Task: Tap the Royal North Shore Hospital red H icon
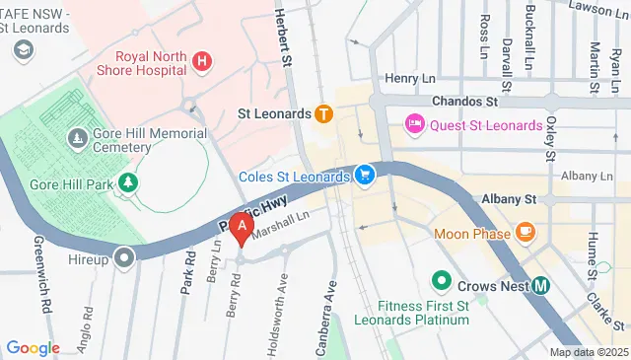click(202, 62)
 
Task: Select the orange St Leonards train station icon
click(322, 113)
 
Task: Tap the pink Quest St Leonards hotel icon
click(414, 125)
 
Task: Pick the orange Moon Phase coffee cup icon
click(525, 234)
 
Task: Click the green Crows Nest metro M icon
click(541, 286)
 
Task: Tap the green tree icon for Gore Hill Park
click(126, 183)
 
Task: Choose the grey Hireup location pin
click(124, 259)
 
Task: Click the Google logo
click(34, 348)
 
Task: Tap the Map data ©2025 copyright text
click(588, 352)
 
